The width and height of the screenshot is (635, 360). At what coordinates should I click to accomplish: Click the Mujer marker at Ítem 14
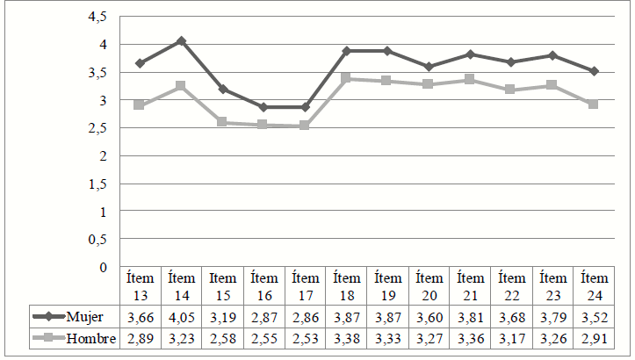point(181,41)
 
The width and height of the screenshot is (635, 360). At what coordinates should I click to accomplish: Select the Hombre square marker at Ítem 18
point(346,78)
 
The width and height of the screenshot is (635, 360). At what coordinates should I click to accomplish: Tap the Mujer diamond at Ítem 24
point(594,71)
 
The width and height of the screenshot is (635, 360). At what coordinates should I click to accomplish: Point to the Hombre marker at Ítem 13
point(139,104)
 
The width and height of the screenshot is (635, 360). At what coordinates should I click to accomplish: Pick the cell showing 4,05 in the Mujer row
point(181,317)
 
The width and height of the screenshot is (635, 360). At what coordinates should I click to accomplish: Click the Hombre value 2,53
point(305,339)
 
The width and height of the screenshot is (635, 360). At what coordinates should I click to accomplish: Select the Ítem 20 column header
point(429,286)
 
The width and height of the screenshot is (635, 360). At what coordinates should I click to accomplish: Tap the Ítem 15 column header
point(222,286)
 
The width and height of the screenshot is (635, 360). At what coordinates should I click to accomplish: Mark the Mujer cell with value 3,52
point(594,317)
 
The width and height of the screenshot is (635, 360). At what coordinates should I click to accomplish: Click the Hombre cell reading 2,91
point(594,339)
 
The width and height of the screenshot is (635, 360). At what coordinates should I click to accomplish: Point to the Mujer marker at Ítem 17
point(305,107)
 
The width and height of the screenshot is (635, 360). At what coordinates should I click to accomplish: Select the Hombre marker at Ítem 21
point(470,79)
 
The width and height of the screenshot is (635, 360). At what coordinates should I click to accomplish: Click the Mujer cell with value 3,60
point(429,317)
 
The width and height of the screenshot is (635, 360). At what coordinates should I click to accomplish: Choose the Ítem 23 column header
point(552,286)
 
